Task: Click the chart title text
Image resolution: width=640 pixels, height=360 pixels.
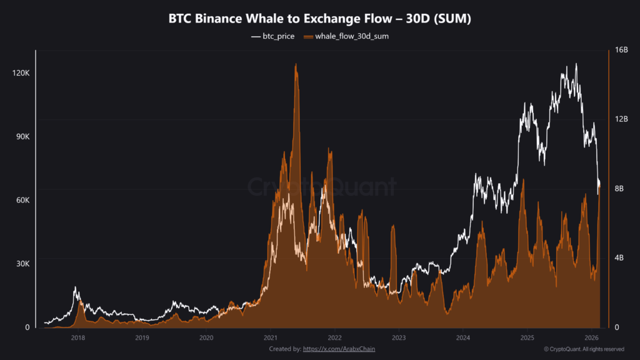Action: (x=319, y=19)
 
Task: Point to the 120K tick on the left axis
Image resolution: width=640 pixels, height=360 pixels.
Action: (x=21, y=73)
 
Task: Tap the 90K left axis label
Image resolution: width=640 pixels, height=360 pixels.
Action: (x=22, y=137)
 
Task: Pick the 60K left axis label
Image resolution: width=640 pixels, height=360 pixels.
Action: (x=22, y=201)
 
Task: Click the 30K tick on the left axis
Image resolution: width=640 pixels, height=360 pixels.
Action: (x=22, y=264)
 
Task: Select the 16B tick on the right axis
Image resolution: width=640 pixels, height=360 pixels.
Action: (x=621, y=50)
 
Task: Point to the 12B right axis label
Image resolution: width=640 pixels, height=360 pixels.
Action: (x=621, y=119)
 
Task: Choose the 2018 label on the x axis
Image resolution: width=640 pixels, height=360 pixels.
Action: (x=78, y=338)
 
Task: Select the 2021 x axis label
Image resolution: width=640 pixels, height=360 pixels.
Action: (x=270, y=338)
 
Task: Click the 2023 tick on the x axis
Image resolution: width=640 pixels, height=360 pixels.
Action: (x=398, y=338)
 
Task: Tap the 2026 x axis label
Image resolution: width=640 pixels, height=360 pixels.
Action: (x=591, y=338)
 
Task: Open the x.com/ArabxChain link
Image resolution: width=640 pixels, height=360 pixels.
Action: (x=339, y=349)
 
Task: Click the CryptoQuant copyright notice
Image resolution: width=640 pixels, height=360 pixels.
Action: (x=583, y=349)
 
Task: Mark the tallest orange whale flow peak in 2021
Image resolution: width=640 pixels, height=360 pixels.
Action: (x=296, y=66)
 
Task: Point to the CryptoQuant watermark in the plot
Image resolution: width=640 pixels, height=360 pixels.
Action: (x=322, y=187)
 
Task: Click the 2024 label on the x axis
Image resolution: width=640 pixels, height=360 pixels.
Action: (x=462, y=338)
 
